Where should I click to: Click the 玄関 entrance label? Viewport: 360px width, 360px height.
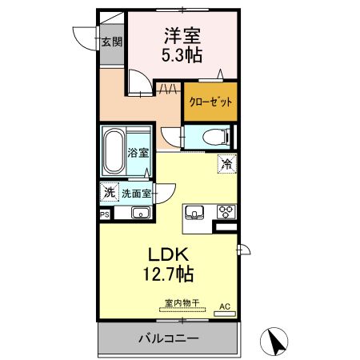[x=111, y=42]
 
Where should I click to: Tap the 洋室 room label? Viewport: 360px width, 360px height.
[x=182, y=35]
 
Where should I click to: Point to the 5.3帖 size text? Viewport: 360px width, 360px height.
[x=183, y=55]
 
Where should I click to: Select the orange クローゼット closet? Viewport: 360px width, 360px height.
[x=210, y=102]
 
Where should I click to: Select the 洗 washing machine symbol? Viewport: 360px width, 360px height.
[x=108, y=192]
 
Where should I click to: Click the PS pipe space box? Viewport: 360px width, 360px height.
[x=104, y=214]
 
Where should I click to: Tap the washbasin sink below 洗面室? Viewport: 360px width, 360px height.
[x=140, y=214]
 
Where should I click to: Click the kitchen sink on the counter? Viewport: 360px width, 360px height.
[x=195, y=212]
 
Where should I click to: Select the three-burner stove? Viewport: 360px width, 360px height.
[x=226, y=212]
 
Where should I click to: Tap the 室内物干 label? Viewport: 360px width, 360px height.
[x=182, y=303]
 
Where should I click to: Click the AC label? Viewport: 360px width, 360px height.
[x=225, y=306]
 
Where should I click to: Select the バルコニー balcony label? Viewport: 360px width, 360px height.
[x=168, y=339]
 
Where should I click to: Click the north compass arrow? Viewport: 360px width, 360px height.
[x=277, y=342]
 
